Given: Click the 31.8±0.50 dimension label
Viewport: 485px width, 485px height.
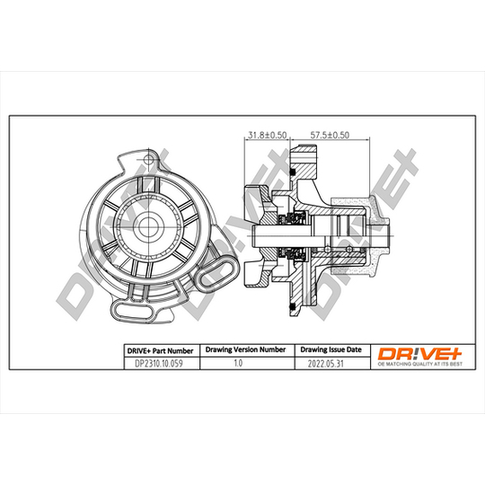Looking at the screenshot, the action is click(x=268, y=135).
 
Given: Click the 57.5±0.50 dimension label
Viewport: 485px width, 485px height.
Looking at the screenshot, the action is click(x=330, y=135).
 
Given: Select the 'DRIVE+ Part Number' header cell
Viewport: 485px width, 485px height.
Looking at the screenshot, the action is click(x=160, y=351).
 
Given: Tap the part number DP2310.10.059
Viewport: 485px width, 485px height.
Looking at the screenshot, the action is click(x=159, y=363).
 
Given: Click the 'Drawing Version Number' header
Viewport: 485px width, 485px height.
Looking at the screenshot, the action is click(x=245, y=349).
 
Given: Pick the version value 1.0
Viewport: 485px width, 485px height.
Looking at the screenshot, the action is click(x=238, y=363).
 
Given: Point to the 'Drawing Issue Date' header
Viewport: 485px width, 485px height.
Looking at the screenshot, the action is click(x=331, y=349).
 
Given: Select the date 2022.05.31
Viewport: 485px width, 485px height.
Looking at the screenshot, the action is click(x=326, y=364).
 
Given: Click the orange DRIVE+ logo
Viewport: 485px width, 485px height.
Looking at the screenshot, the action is click(x=420, y=354).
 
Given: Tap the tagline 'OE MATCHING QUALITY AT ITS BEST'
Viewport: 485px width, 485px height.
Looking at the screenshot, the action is click(x=420, y=364).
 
